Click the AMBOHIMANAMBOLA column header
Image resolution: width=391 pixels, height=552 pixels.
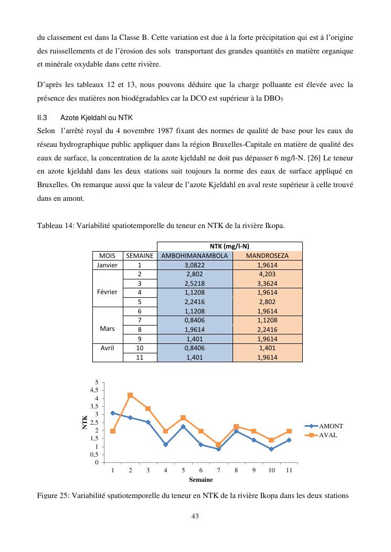click(x=194, y=256)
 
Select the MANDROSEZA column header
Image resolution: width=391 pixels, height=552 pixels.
click(x=267, y=256)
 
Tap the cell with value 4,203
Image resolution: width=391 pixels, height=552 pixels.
click(x=267, y=274)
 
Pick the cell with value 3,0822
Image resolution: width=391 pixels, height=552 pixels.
click(x=194, y=265)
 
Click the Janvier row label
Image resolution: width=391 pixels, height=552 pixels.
click(x=108, y=265)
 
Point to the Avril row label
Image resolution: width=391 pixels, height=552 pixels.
click(x=108, y=348)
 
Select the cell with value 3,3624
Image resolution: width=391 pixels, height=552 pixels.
click(x=267, y=283)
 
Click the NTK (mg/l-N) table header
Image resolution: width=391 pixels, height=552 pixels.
click(x=229, y=246)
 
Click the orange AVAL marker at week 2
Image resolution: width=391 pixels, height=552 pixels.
click(x=130, y=395)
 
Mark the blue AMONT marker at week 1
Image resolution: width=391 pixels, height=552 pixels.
click(x=113, y=413)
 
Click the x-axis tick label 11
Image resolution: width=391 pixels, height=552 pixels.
click(x=289, y=470)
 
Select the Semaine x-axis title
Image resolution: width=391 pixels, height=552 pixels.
click(x=201, y=479)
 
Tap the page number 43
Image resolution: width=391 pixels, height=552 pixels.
click(x=195, y=516)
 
